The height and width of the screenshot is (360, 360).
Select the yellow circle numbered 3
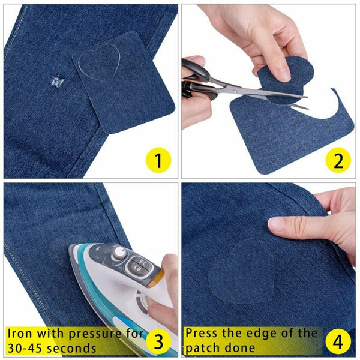[159, 341]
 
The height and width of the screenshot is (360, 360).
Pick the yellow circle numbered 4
[338, 341]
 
